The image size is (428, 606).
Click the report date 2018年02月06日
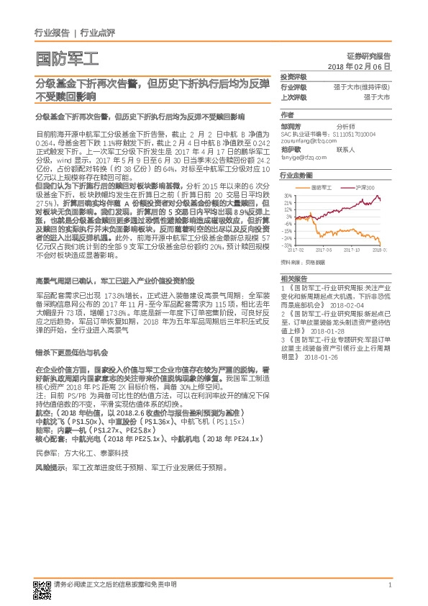(x=359, y=65)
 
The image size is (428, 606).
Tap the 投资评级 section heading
(x=293, y=76)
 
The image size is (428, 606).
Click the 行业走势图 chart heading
(x=296, y=175)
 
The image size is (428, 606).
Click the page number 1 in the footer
(x=389, y=586)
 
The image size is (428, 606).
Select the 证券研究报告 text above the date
(x=372, y=55)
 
